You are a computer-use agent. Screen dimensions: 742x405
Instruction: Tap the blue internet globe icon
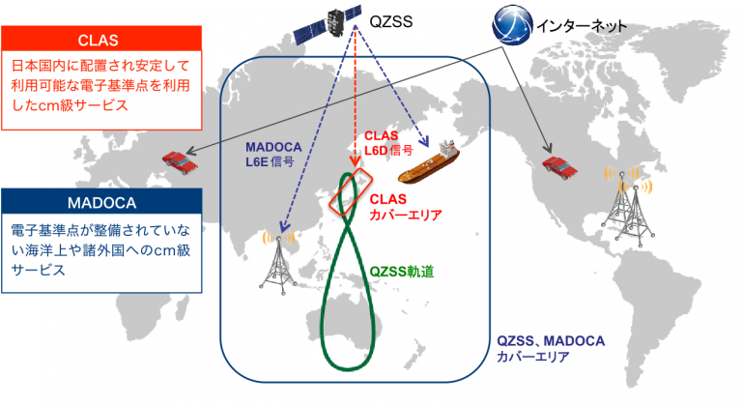click(512, 25)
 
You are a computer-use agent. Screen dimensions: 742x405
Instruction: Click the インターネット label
click(581, 25)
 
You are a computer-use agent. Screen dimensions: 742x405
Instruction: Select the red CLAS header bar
click(101, 39)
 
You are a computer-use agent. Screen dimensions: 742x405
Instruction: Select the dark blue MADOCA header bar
click(101, 201)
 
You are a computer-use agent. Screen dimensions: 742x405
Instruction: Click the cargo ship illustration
click(429, 162)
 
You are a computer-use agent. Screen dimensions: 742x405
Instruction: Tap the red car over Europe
click(180, 163)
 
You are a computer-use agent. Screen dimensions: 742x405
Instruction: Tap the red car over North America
click(559, 168)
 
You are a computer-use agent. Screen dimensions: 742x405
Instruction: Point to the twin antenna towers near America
click(628, 204)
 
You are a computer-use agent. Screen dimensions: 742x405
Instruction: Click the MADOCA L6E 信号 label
click(273, 155)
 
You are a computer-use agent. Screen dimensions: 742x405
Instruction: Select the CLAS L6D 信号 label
click(388, 143)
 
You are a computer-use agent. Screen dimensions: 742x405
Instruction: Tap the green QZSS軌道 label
click(401, 272)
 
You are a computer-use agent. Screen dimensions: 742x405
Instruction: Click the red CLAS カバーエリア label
click(405, 207)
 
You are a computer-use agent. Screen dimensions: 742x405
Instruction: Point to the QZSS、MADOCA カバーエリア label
click(551, 348)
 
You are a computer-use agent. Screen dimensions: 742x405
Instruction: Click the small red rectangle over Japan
click(351, 192)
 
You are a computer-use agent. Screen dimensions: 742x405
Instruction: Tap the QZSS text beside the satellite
click(391, 22)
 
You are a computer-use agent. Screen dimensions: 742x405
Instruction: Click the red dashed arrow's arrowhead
click(355, 161)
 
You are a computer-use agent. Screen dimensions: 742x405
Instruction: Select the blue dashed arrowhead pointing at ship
click(423, 141)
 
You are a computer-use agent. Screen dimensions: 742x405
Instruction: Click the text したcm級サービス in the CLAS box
click(70, 105)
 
